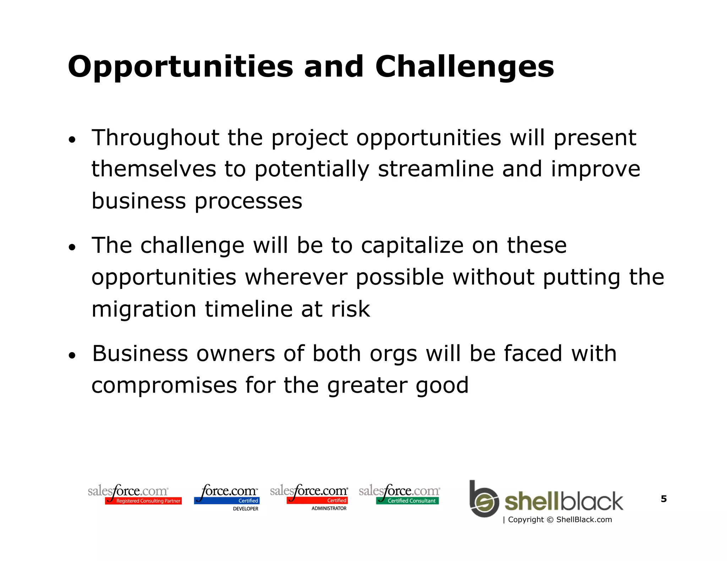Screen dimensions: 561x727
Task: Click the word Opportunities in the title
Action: [x=180, y=67]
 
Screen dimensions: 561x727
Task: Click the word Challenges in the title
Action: [x=464, y=67]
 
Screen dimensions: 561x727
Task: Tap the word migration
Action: [x=144, y=309]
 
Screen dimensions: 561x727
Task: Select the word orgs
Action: [x=393, y=354]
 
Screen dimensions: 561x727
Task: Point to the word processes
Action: [x=248, y=201]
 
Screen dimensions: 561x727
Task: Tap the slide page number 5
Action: [x=663, y=499]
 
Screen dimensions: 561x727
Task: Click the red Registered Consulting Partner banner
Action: [x=143, y=501]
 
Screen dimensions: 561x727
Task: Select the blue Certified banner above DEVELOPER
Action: [x=227, y=501]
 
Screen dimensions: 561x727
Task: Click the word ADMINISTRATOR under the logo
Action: [x=329, y=508]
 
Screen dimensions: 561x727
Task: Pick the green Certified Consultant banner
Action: [x=408, y=501]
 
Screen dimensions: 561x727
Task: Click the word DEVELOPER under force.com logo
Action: [x=245, y=509]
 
